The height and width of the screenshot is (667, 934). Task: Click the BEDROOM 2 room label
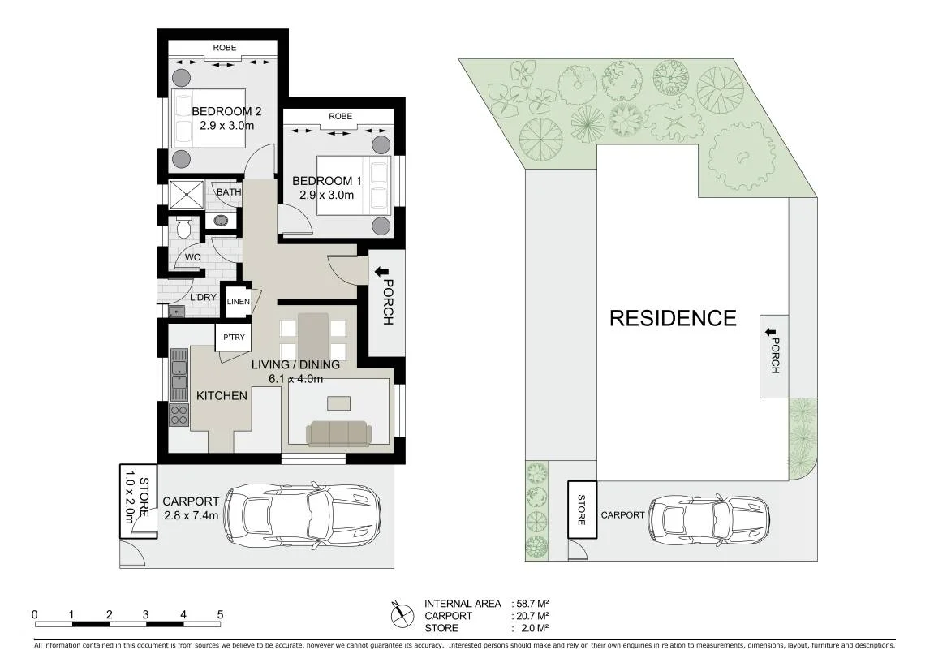pos(226,111)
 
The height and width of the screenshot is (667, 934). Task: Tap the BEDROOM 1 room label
pos(326,181)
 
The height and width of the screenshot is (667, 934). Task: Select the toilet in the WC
pos(183,228)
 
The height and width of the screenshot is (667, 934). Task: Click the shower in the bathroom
pos(187,195)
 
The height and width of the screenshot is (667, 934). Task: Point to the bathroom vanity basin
pos(222,221)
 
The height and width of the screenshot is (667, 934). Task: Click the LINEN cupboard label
pos(239,301)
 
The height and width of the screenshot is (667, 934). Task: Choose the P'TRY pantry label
pos(234,337)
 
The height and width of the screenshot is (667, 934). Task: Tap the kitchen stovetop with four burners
pos(179,415)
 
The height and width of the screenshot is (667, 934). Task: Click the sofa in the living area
pos(338,433)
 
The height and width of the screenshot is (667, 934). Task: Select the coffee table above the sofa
pos(339,403)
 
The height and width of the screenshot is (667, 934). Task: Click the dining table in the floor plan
pos(313,337)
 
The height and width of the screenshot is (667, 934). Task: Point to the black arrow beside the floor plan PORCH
pos(377,272)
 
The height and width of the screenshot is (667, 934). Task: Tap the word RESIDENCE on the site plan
pos(673,319)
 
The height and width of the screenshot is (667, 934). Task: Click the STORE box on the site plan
pos(582,510)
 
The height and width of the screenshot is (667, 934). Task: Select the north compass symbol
pos(402,614)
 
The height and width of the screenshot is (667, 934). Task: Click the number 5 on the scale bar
pos(221,614)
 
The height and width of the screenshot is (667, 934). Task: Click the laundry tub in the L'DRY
pos(176,310)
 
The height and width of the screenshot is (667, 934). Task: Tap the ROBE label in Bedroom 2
pos(225,48)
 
